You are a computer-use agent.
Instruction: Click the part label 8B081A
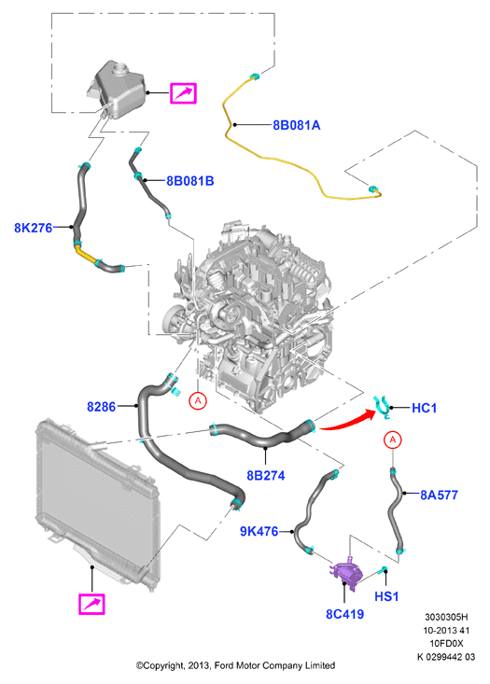click(296, 125)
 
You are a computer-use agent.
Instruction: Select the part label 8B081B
click(190, 181)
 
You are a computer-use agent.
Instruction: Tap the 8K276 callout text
click(34, 228)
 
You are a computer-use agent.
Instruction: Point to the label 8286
click(101, 407)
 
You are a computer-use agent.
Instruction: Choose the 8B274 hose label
click(266, 475)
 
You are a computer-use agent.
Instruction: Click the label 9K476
click(259, 531)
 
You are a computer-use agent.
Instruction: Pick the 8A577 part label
click(439, 495)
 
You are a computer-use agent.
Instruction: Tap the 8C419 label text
click(344, 614)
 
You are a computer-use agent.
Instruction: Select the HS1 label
click(386, 596)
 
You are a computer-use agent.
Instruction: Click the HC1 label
click(424, 408)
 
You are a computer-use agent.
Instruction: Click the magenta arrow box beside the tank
click(183, 93)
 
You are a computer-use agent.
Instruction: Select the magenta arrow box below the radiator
click(91, 604)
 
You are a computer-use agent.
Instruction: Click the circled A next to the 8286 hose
click(198, 400)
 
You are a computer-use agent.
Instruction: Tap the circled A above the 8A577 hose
click(393, 440)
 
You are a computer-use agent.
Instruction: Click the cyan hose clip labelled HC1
click(383, 408)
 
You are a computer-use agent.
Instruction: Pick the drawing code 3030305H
click(446, 617)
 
